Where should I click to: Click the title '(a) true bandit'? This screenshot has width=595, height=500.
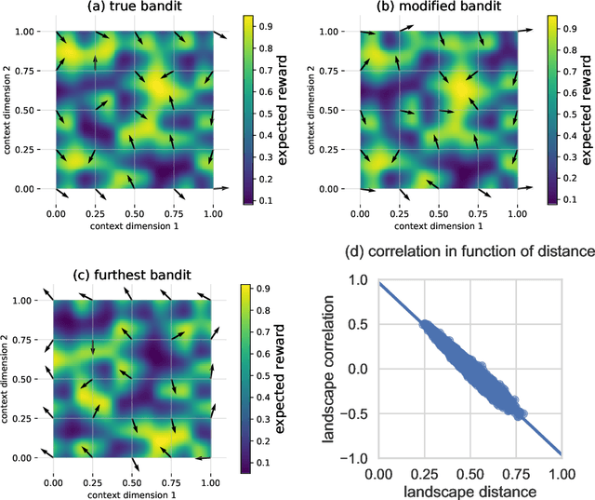tap(132, 8)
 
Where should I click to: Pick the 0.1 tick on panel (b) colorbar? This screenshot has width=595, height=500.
tap(565, 198)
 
